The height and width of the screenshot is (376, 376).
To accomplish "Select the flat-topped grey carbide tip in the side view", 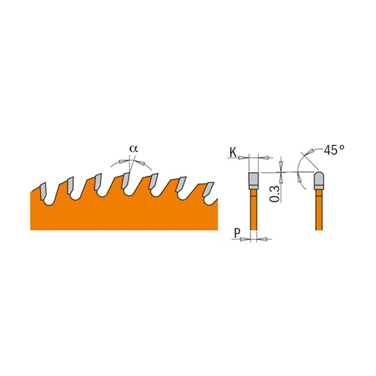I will coord(253,181).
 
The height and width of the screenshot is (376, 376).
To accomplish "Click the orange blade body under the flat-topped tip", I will coord(253,214).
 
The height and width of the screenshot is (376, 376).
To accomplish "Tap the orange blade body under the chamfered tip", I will coord(318,214).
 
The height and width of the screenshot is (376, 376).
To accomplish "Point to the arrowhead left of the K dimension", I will coord(243,158).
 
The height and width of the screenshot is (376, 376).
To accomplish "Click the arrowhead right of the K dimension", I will coord(264,158).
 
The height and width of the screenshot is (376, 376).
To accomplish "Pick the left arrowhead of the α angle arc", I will coord(117,162).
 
